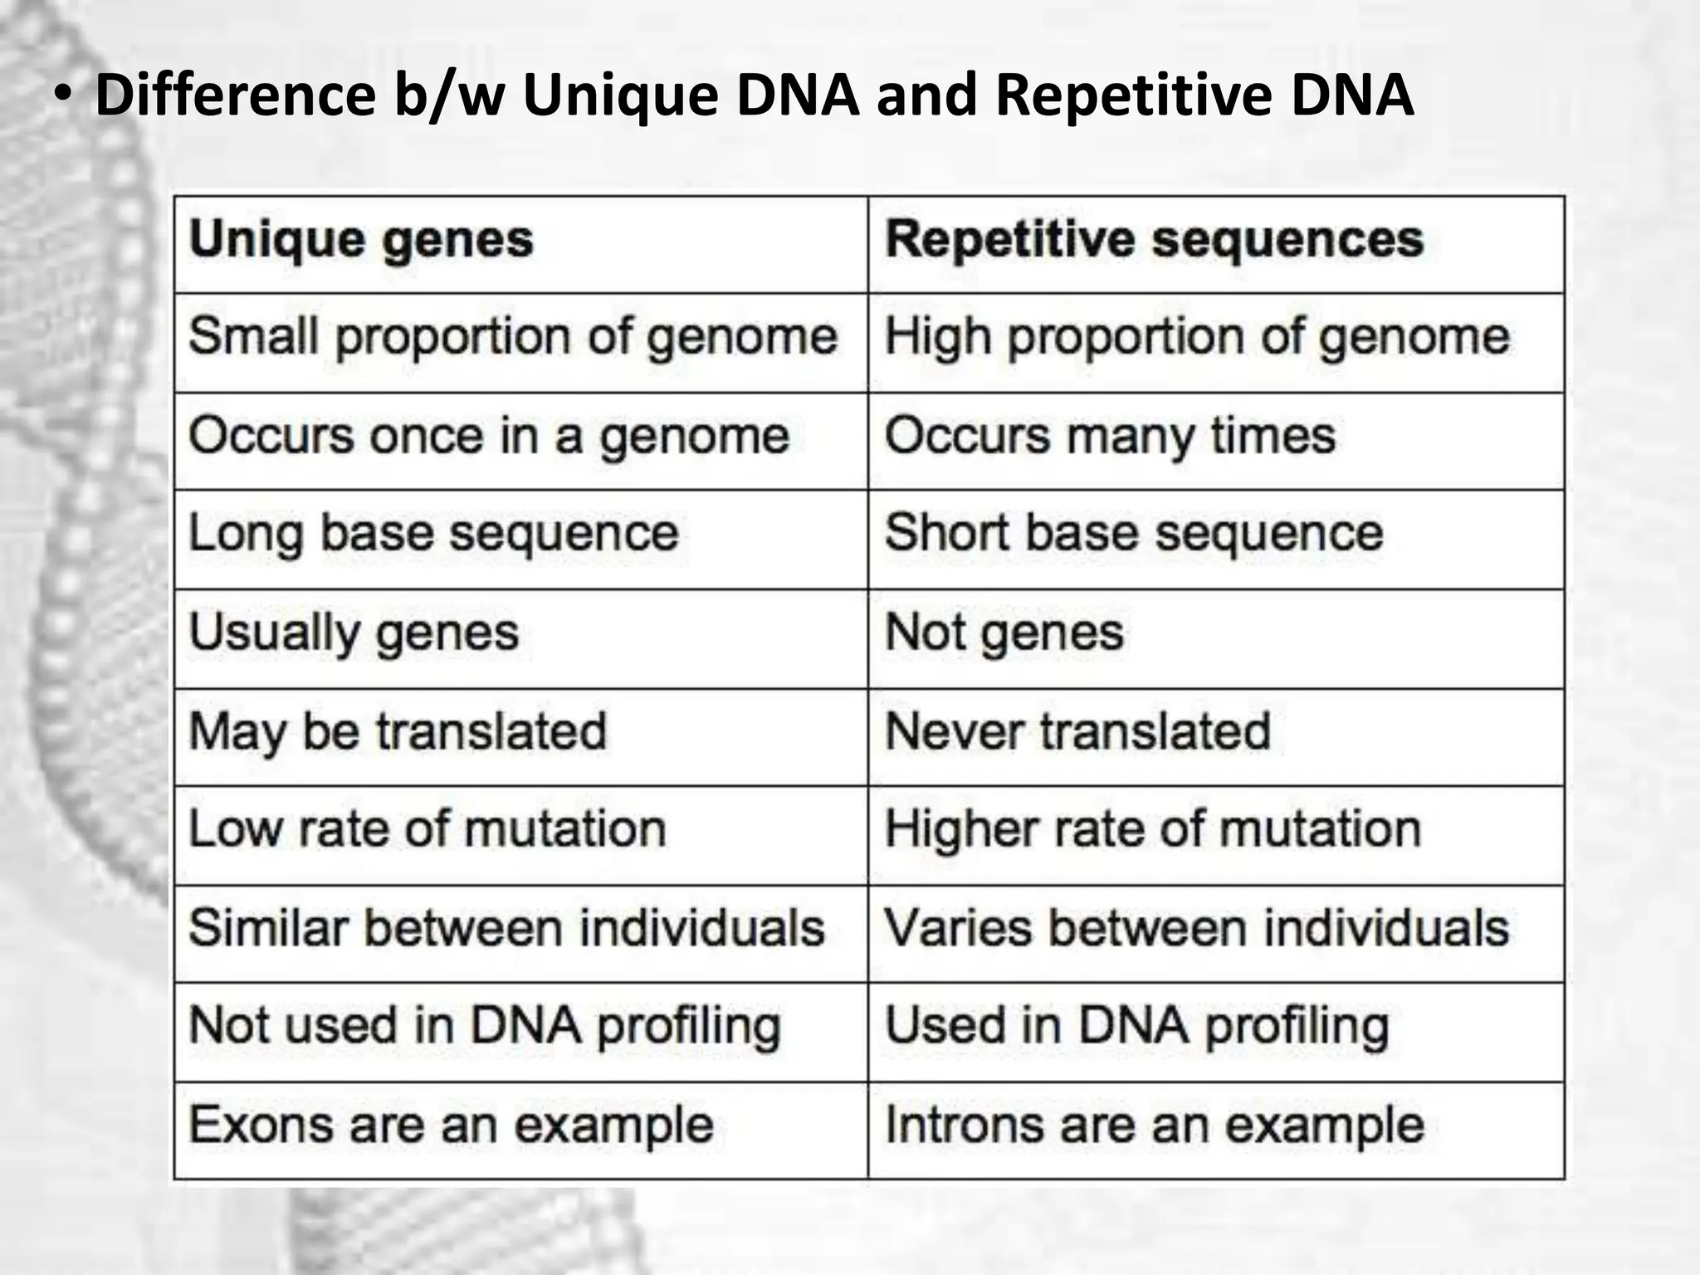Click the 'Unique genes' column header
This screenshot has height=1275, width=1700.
coord(361,241)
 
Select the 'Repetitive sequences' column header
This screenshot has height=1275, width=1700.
coord(1154,241)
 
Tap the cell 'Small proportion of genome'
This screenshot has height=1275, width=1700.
coord(513,338)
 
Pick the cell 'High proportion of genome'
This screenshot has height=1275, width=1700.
coord(1197,338)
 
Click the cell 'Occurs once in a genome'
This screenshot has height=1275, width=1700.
coord(489,437)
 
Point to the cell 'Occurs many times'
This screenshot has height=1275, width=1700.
coord(1110,437)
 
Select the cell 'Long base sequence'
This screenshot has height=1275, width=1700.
coord(433,534)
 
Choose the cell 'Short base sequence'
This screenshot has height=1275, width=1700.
coord(1134,534)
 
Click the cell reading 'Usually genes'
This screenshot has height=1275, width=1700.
coord(354,633)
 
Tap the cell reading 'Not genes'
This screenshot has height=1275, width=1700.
coord(1004,633)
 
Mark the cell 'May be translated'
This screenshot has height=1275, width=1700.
coord(398,732)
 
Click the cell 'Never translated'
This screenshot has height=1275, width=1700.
coord(1077,732)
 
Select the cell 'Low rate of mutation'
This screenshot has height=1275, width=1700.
coord(427,830)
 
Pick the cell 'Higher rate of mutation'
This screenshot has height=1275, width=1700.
coord(1153,830)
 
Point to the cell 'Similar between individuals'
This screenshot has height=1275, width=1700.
coord(506,928)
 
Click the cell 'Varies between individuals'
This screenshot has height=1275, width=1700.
coord(1196,928)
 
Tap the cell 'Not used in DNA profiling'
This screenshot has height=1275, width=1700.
coord(485,1027)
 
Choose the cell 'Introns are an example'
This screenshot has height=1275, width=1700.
coord(1155,1126)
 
